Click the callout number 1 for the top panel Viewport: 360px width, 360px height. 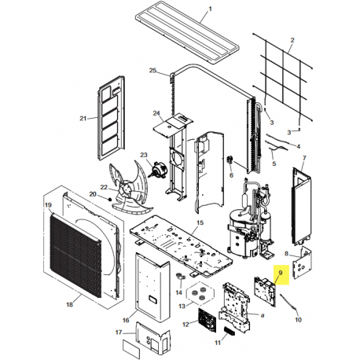(x=210, y=9)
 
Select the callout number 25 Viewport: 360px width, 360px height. (x=152, y=70)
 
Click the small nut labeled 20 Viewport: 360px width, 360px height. (x=110, y=199)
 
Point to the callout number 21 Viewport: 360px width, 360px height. (x=83, y=119)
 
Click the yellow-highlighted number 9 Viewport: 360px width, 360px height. (x=281, y=273)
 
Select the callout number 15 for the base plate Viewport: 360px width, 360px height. (x=200, y=222)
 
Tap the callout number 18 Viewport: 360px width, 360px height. (x=69, y=304)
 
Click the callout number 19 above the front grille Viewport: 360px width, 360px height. (x=48, y=205)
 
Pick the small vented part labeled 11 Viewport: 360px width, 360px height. (x=230, y=331)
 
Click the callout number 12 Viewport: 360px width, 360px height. (x=186, y=325)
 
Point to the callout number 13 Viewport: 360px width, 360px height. (x=182, y=306)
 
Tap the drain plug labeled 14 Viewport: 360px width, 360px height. (x=180, y=277)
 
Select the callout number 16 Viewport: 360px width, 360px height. (x=126, y=320)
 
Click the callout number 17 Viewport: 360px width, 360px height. (x=119, y=332)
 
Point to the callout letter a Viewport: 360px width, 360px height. (x=263, y=315)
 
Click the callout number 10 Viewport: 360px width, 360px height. (x=299, y=319)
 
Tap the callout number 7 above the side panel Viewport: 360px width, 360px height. (x=304, y=158)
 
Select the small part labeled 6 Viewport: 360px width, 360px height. (x=230, y=159)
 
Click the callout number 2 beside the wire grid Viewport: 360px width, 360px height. (x=292, y=40)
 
